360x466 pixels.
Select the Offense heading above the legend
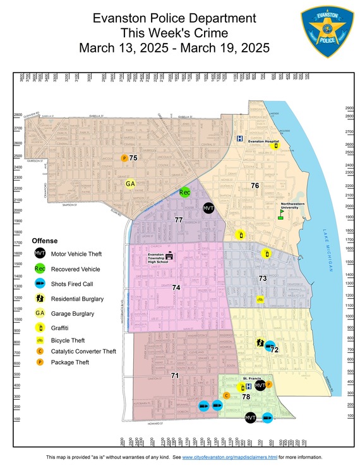click(x=45, y=241)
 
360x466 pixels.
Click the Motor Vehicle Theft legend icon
click(x=40, y=254)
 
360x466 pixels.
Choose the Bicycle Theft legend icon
click(x=40, y=340)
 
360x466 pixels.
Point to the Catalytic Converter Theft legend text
click(x=83, y=351)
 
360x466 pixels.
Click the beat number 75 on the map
click(x=133, y=157)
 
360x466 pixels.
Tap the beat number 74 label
click(x=176, y=287)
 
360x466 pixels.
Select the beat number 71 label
click(x=175, y=376)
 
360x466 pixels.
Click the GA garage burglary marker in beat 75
click(x=130, y=184)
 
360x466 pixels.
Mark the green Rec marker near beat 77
click(x=184, y=193)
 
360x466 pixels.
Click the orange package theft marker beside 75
click(x=124, y=158)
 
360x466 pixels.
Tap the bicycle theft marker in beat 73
click(x=260, y=300)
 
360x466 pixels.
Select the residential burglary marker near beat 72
click(x=260, y=343)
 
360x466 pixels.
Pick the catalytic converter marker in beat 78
click(x=227, y=395)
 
